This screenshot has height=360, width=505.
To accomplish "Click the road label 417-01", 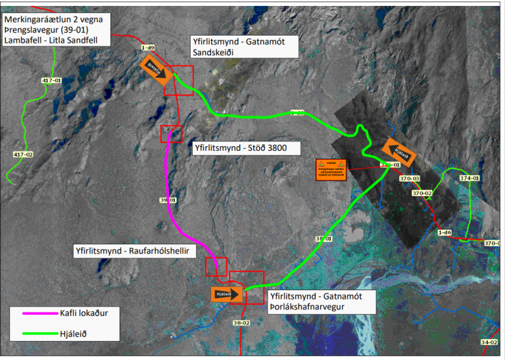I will [51, 80].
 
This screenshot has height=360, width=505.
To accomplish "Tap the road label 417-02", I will [23, 154].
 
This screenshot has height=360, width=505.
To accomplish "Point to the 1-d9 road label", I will [147, 48].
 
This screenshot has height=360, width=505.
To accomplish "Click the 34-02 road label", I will [489, 342].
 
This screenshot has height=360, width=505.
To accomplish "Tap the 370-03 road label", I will [409, 178].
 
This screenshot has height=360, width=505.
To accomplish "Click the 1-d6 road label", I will [444, 232].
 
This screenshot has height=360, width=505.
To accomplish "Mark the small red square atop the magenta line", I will [170, 133].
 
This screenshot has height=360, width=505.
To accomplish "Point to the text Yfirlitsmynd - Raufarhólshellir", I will [130, 251].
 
